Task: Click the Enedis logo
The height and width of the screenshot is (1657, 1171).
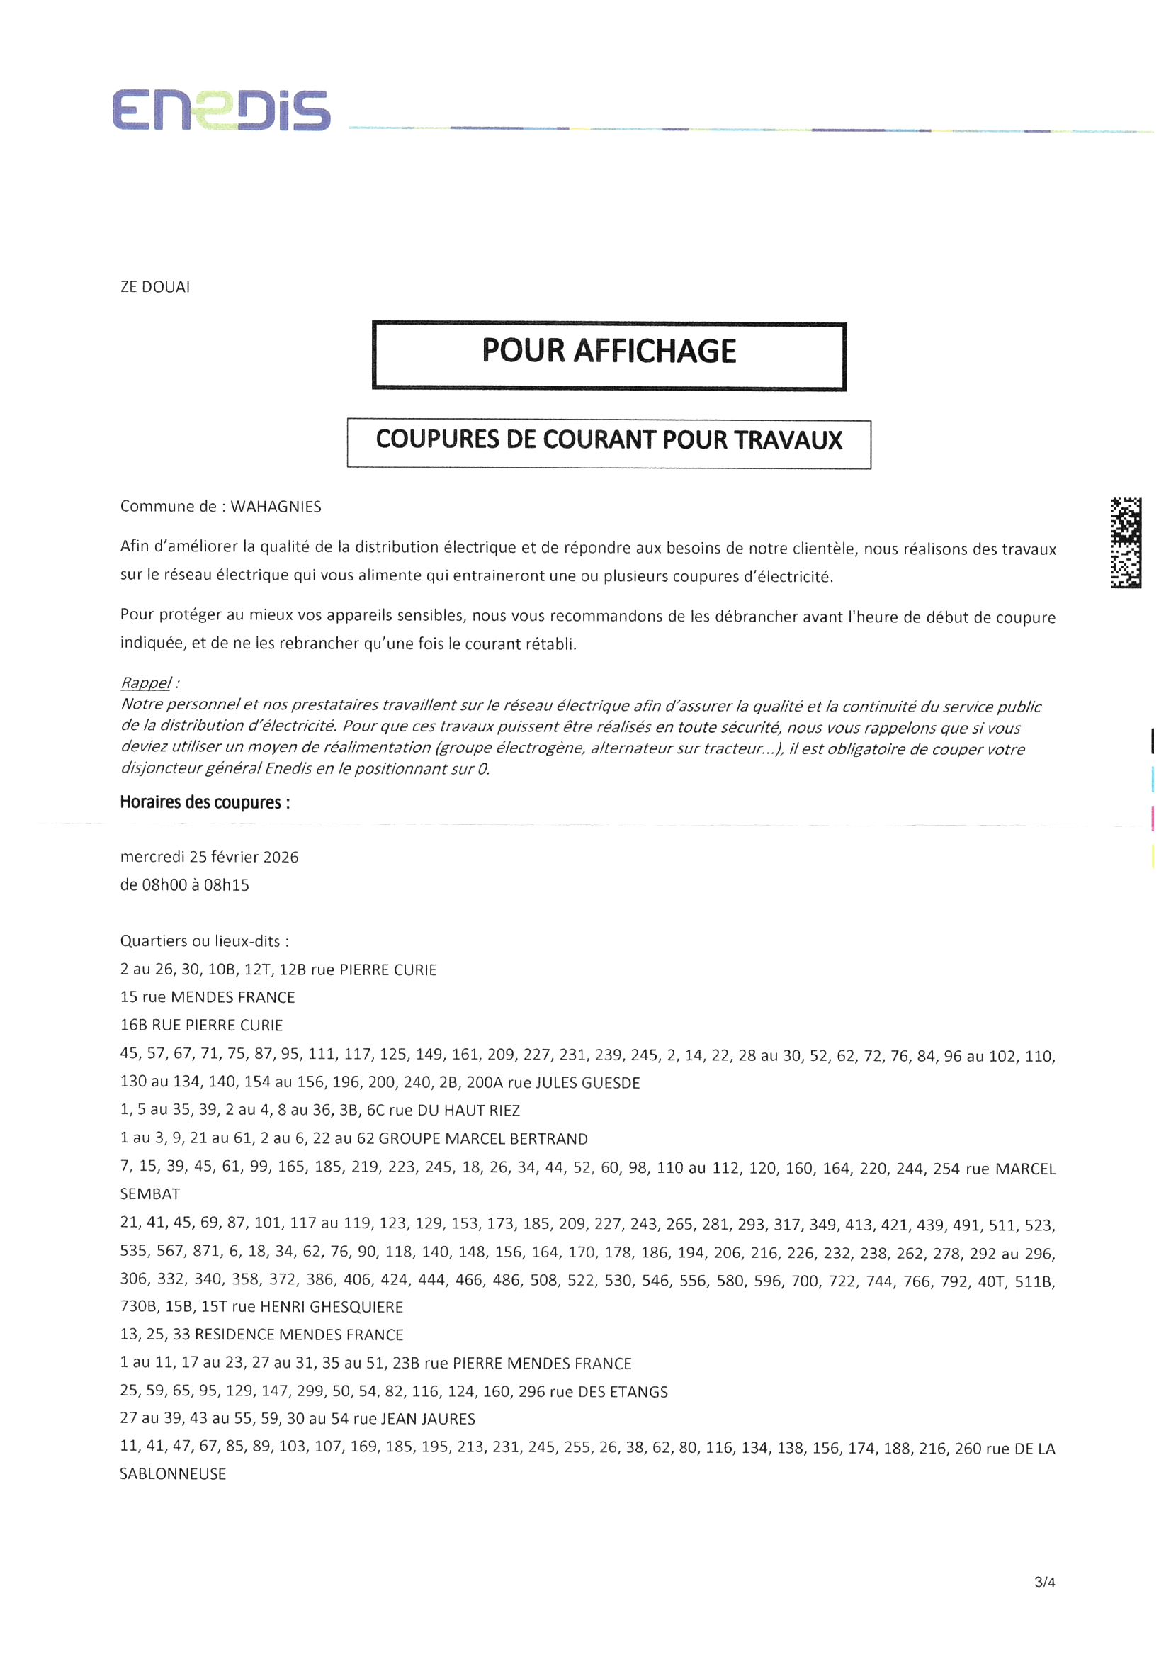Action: coord(221,111)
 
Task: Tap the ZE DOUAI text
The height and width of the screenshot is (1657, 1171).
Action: coord(155,287)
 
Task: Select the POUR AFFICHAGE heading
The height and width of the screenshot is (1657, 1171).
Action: coord(609,352)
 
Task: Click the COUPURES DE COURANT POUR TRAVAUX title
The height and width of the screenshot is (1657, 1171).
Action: coord(609,440)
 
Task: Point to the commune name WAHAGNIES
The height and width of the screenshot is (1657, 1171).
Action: coord(276,507)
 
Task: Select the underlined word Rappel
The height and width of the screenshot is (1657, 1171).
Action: coord(146,683)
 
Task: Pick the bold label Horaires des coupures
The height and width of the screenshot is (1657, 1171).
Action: coord(205,802)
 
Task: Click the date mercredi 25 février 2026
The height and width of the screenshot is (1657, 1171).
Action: coord(209,857)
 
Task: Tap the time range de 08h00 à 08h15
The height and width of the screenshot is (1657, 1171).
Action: coord(185,884)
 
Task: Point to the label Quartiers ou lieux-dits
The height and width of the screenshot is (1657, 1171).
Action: coord(204,941)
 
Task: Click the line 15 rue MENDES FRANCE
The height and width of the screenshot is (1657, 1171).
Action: coord(208,997)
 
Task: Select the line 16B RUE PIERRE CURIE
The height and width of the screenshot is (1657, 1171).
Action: coord(201,1025)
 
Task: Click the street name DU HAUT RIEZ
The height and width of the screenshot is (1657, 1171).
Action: coord(469,1111)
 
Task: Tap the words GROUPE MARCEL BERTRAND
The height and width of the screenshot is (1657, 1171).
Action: coord(482,1139)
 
